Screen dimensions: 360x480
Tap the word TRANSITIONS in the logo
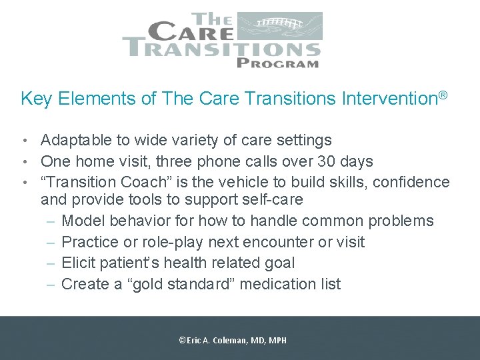(x=221, y=49)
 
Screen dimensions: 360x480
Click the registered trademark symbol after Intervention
(x=441, y=97)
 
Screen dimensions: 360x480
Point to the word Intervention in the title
(x=388, y=99)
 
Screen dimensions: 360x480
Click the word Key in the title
(x=35, y=99)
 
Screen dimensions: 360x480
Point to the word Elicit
(x=79, y=263)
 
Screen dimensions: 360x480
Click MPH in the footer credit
(x=277, y=340)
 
